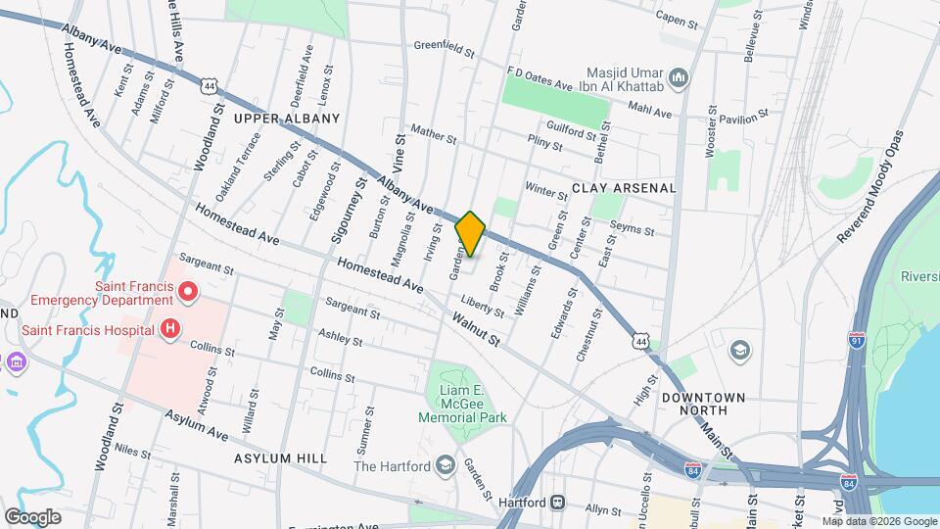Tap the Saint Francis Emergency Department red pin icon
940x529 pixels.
pos(190,292)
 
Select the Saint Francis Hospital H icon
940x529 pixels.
pos(170,328)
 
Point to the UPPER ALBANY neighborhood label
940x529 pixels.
pos(287,119)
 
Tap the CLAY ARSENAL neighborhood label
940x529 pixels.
pos(624,187)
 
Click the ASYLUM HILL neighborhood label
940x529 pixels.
pos(280,457)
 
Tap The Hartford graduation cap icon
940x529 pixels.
pos(446,464)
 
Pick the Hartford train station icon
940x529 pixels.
pos(557,503)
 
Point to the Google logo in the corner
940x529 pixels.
pos(31,516)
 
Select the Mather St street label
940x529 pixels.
pos(434,133)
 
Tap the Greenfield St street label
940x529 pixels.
pos(444,46)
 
